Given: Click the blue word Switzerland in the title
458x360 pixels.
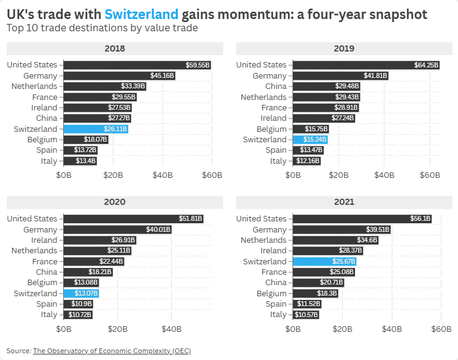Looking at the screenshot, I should click(x=142, y=14).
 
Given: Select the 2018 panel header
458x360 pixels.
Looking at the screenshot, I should click(x=113, y=48).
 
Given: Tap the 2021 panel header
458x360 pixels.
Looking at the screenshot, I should click(x=343, y=202).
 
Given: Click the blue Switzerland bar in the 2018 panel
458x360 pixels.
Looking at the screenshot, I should click(x=95, y=129).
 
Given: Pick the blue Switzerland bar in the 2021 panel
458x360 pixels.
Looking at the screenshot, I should click(x=324, y=261).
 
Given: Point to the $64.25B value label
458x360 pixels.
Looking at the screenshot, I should click(x=427, y=65).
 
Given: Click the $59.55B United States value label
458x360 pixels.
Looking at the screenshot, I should click(x=198, y=65).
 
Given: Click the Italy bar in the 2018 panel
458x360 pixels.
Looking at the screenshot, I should click(x=80, y=161).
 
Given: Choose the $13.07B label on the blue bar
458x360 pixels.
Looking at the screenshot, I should click(x=86, y=293).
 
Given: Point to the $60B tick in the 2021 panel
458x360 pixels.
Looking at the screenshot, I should click(x=441, y=329).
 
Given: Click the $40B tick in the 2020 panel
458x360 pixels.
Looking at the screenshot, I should click(x=171, y=329).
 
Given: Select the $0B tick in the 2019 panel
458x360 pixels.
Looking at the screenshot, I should click(x=293, y=175).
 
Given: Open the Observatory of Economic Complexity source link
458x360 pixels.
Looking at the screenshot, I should click(x=112, y=351).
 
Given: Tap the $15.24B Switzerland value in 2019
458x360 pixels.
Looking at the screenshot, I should click(x=316, y=140).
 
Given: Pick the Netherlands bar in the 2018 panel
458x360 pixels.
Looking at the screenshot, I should click(x=105, y=86).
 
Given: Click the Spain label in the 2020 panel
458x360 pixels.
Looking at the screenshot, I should click(x=47, y=304).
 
